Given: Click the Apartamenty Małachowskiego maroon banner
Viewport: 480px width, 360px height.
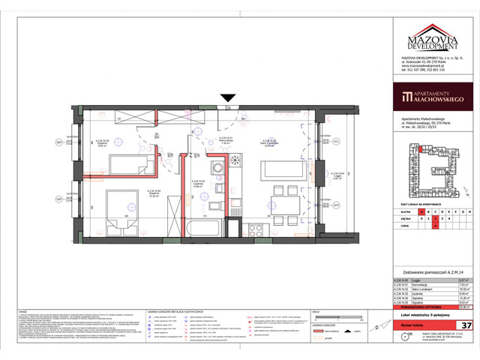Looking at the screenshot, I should coord(433,96).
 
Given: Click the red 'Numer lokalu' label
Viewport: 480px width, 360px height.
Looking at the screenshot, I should coord(417,325).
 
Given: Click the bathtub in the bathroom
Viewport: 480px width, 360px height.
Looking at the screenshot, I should coord(205,226).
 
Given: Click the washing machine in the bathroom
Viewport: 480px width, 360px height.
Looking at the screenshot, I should coord(235,226).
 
